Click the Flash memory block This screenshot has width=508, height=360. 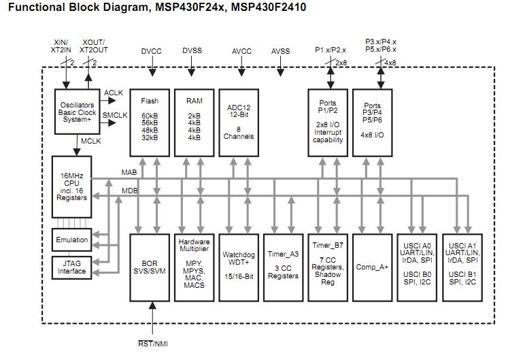(150, 123)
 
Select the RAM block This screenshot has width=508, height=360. (194, 123)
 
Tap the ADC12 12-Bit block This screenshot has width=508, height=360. (239, 123)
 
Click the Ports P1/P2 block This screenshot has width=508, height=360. (328, 123)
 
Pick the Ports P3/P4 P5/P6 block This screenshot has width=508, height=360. (373, 123)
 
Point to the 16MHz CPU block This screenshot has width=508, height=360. (72, 187)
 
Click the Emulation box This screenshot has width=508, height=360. (72, 240)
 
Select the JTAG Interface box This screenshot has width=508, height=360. (72, 267)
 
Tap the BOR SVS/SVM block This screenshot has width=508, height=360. (150, 267)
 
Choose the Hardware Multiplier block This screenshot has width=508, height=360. (194, 267)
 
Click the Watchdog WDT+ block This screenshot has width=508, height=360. (239, 267)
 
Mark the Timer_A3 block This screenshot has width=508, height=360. (284, 267)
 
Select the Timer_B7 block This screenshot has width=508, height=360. (328, 267)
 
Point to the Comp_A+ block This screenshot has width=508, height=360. (373, 267)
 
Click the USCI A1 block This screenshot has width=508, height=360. (462, 267)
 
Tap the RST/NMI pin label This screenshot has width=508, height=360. (153, 344)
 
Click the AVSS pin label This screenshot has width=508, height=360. (281, 51)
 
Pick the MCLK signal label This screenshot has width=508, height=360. (91, 141)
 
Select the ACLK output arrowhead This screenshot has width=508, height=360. (112, 101)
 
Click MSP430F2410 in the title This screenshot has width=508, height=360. (269, 7)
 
